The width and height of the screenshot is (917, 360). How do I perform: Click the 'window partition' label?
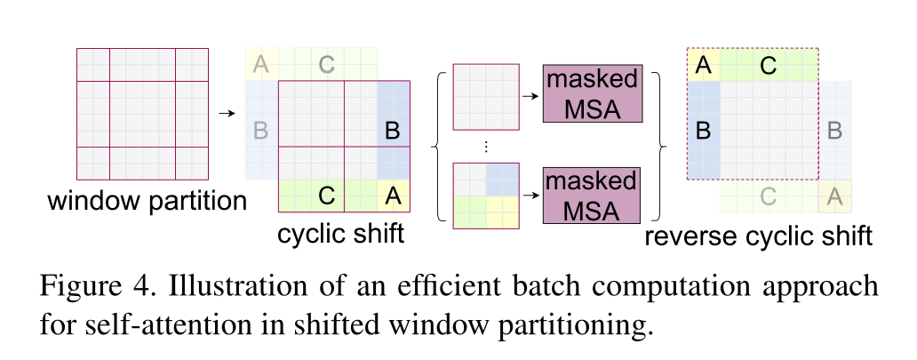point(147,201)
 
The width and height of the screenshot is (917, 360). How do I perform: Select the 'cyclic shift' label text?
point(341,235)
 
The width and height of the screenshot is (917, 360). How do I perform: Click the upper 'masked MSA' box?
point(591,92)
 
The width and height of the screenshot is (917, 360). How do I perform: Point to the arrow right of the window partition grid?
point(227,113)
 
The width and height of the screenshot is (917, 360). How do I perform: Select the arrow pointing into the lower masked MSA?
point(530,193)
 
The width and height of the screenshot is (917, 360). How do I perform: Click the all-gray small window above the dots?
point(485,96)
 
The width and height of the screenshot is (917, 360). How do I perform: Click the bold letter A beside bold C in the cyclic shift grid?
point(393,194)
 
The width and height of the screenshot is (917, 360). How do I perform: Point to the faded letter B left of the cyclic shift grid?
point(260,131)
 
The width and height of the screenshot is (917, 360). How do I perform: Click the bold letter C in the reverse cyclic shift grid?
point(769,64)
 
